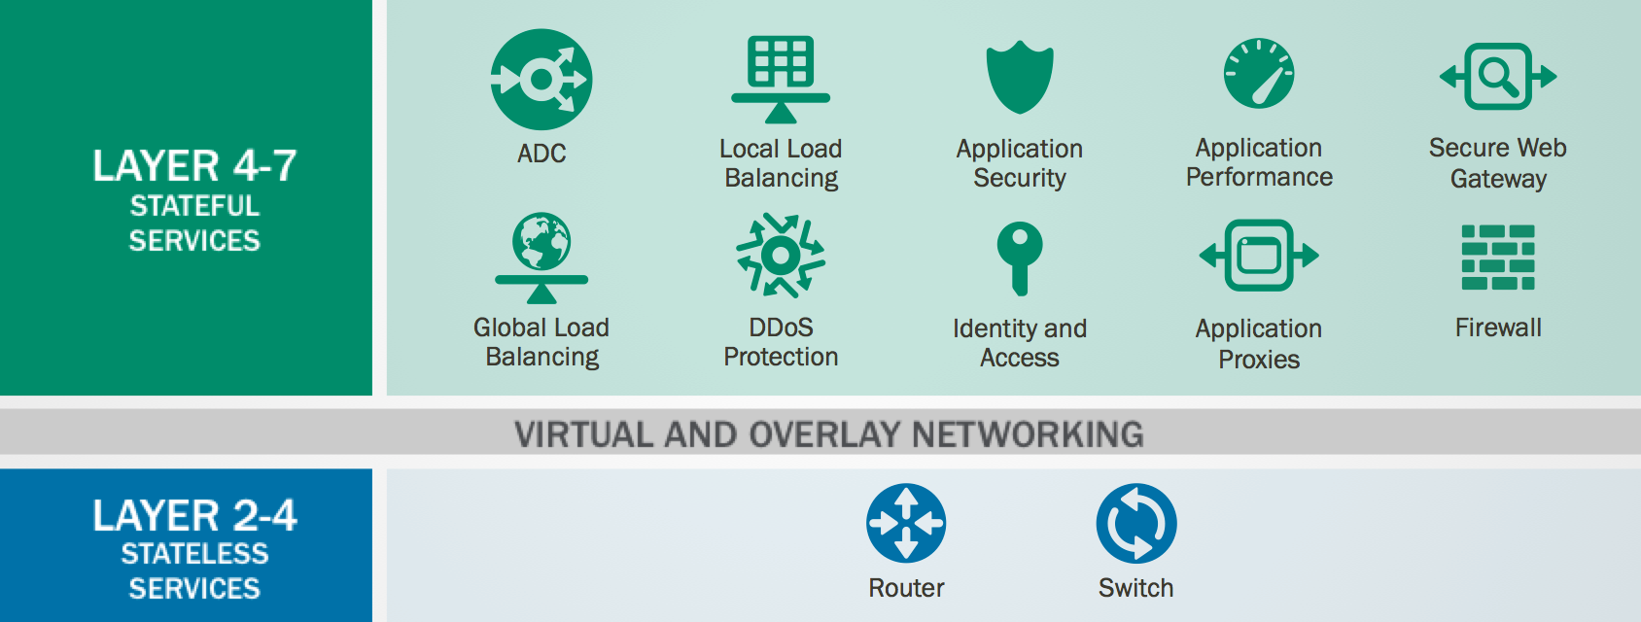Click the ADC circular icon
541,80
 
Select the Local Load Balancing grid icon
781,78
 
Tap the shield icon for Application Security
1020,77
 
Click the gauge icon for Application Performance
1259,74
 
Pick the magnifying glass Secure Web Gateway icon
1498,76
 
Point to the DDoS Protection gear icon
781,255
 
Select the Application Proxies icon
1259,256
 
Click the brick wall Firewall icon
1498,257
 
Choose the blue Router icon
906,523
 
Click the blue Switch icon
1136,523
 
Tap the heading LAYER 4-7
194,166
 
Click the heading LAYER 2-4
194,515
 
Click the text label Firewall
1498,328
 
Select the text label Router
906,588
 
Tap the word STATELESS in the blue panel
194,554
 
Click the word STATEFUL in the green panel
194,206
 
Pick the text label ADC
541,154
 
